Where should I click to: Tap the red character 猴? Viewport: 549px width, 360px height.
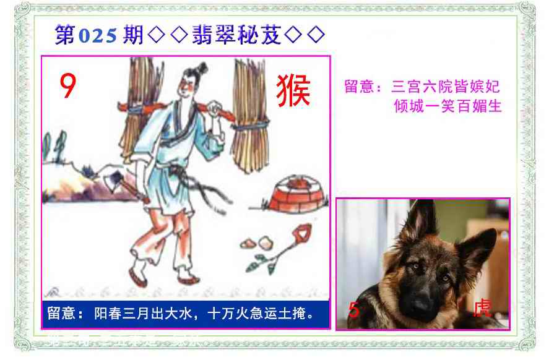pos(293,91)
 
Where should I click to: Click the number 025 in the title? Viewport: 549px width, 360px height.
pos(98,36)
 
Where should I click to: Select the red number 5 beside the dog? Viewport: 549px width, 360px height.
pos(354,310)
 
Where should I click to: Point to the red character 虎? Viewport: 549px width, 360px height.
pos(482,308)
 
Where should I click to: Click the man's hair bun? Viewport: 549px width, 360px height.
pos(202,67)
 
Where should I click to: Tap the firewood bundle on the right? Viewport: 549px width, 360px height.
pos(250,116)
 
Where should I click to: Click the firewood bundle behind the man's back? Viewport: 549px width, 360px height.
pos(140,105)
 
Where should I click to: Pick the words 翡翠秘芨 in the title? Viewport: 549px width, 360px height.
pos(236,35)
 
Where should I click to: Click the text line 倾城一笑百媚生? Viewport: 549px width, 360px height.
pos(448,106)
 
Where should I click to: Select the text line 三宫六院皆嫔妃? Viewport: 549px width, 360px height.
pos(445,87)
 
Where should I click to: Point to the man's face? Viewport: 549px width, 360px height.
pos(185,86)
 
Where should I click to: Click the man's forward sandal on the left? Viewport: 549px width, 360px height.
pos(137,277)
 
